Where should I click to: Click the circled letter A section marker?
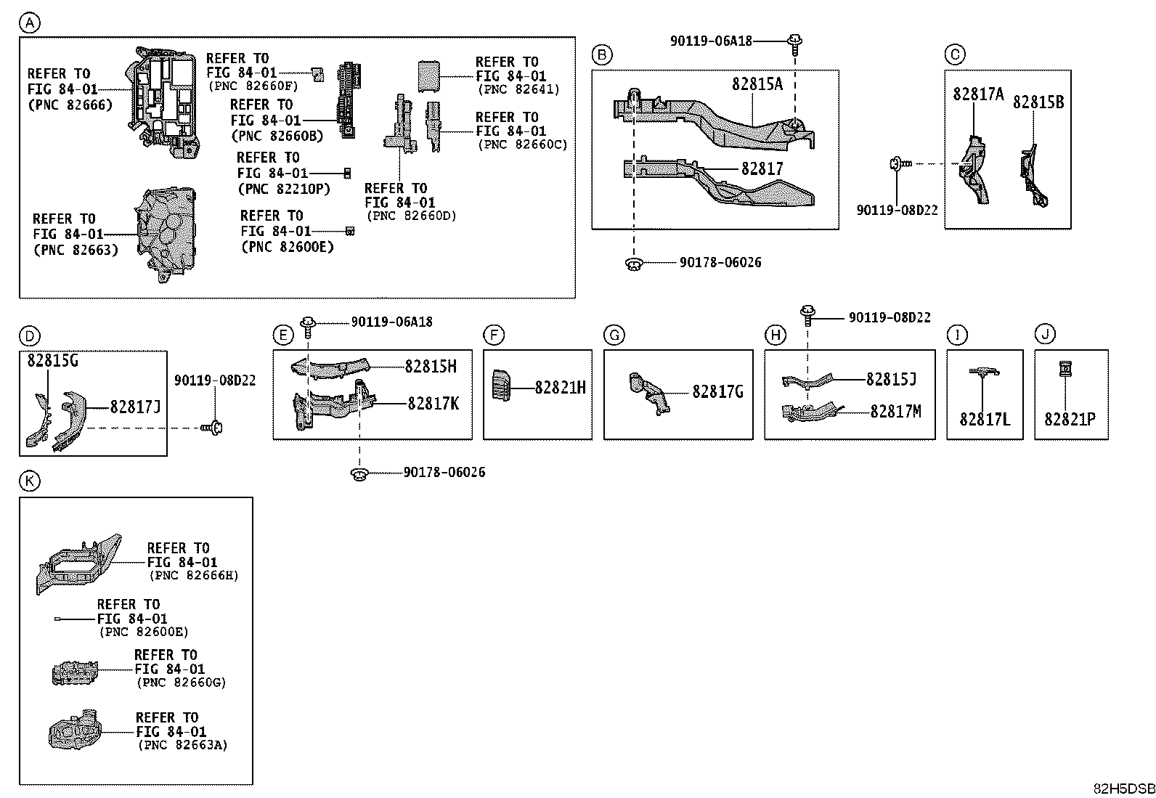click(x=29, y=23)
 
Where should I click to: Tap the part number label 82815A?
click(x=757, y=84)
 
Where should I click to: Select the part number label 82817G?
click(x=717, y=392)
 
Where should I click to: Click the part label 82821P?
click(x=1070, y=420)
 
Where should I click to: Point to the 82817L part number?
click(x=984, y=420)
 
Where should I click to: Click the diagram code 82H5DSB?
click(x=1124, y=789)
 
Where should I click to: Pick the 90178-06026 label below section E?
click(x=444, y=473)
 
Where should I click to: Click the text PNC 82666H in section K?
click(x=193, y=576)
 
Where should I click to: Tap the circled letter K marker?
click(x=29, y=481)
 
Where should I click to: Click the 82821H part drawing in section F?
click(x=501, y=384)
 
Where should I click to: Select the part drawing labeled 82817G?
click(x=650, y=392)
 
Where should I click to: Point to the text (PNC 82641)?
click(x=518, y=90)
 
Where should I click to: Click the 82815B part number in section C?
click(x=1038, y=102)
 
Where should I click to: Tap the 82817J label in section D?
click(x=135, y=407)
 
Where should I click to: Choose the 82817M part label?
click(x=895, y=412)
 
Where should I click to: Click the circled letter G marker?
click(x=614, y=335)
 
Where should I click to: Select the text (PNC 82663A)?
click(x=182, y=745)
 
